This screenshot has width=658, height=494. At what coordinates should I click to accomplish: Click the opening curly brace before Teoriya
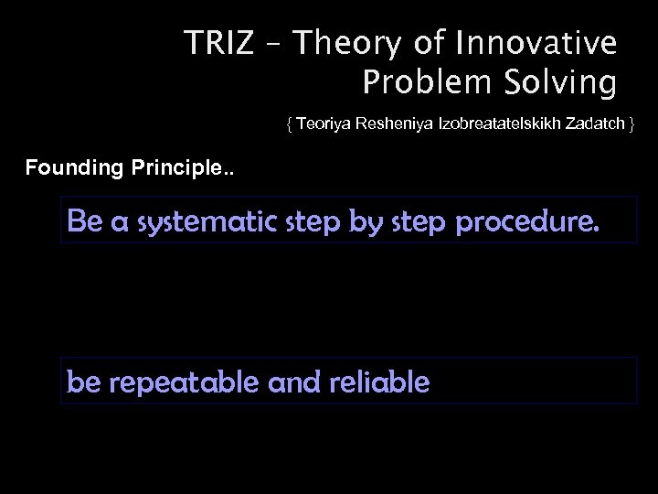pyautogui.click(x=290, y=123)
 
